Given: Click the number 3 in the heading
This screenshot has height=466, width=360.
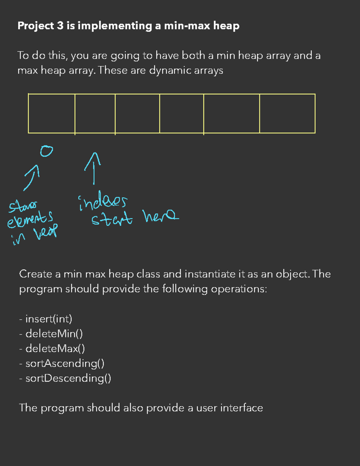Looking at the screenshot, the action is coord(60,26).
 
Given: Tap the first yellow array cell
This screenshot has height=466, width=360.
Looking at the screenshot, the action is coord(52,113).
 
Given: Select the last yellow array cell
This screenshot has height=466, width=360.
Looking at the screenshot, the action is coord(287,113).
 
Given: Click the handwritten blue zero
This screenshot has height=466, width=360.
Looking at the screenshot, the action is coord(46,151).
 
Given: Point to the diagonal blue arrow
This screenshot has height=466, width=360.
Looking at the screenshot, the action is coord(32,177).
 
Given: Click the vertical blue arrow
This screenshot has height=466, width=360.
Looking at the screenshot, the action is coord(93,168).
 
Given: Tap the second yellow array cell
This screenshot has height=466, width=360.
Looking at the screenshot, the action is coord(95,113).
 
